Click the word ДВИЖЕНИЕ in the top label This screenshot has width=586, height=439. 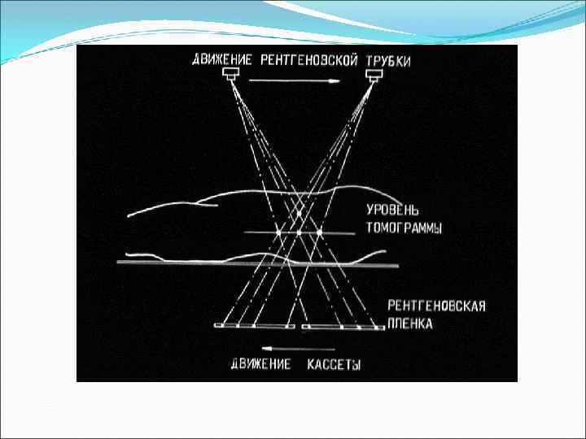222,60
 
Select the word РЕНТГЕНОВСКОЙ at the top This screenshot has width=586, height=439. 309,60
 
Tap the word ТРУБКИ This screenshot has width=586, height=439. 388,61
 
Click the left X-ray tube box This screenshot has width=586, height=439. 230,73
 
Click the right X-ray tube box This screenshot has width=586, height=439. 374,76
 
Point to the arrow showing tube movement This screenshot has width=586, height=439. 295,80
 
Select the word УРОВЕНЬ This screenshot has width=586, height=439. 392,211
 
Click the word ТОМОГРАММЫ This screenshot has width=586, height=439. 404,228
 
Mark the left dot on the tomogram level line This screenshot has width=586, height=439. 278,233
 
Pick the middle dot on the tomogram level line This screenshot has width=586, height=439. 299,233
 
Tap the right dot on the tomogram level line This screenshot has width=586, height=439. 319,233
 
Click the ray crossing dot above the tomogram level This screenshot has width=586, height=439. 299,214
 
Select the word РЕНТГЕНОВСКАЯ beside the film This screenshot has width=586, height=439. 437,306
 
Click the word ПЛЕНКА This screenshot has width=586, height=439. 410,324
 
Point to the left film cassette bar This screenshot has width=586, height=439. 255,326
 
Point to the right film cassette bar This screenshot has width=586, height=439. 343,328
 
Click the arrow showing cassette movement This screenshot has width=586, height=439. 298,349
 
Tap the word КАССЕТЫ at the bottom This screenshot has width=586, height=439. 335,364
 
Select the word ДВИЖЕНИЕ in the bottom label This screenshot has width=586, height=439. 261,364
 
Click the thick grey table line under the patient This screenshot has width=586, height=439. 258,264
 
